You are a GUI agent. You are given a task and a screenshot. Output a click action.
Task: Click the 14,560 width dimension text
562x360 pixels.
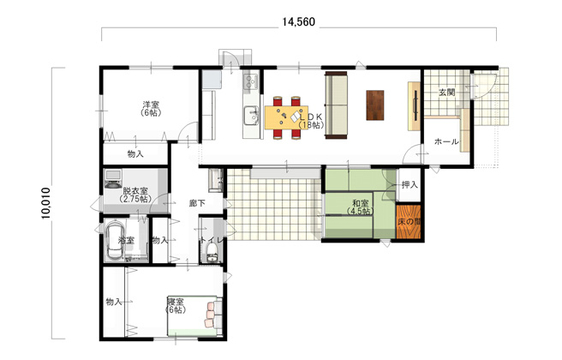click(x=298, y=22)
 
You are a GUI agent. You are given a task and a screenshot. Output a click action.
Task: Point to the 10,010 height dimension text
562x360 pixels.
click(x=46, y=203)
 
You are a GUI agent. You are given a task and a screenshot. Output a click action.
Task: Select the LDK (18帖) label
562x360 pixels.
click(x=311, y=121)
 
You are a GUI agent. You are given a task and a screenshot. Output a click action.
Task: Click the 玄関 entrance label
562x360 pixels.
click(x=447, y=93)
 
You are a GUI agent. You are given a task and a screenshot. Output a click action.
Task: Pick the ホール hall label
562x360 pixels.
click(x=446, y=141)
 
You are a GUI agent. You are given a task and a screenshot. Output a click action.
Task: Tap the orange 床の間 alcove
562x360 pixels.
click(x=409, y=221)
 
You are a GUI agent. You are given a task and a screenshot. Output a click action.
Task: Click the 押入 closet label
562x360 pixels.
click(x=410, y=184)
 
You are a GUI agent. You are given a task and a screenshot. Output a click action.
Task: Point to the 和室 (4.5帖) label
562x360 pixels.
click(x=361, y=207)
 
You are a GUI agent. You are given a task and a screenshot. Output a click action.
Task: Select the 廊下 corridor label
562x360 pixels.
click(x=197, y=203)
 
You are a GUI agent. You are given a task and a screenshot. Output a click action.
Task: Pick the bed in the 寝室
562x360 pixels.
click(x=194, y=316)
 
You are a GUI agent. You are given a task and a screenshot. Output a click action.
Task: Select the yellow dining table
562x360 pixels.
click(x=286, y=117)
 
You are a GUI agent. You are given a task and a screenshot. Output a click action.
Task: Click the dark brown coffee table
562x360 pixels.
click(x=375, y=105)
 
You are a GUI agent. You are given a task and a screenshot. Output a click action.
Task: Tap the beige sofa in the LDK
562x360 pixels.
click(x=336, y=105)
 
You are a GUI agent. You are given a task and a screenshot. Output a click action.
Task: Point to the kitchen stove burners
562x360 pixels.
click(x=250, y=81)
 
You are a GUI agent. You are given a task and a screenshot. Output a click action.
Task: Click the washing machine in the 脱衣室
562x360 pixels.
click(x=113, y=179)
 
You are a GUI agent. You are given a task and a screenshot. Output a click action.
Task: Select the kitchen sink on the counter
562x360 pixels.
click(x=251, y=116)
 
